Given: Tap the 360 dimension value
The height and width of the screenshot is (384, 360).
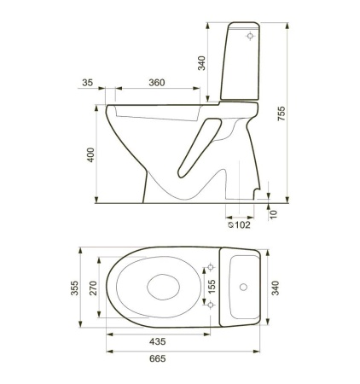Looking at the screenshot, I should click(155, 83).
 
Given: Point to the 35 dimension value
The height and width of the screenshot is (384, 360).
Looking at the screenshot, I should click(89, 83).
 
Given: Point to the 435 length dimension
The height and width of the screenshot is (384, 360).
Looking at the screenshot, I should click(155, 340).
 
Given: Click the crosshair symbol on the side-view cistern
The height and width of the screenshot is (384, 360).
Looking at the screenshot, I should click(248, 37).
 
